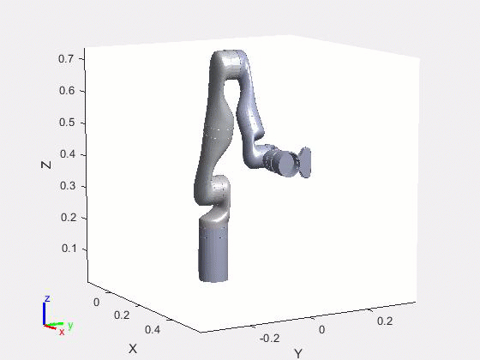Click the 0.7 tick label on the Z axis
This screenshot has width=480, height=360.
click(x=66, y=58)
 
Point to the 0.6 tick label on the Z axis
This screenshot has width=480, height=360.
click(x=67, y=91)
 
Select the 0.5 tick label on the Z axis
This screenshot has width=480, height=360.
click(x=67, y=122)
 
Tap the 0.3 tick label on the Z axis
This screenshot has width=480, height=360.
click(x=69, y=185)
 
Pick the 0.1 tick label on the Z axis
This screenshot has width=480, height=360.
click(x=69, y=249)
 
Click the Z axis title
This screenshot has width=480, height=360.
click(x=46, y=165)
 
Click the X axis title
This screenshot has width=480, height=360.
click(x=133, y=349)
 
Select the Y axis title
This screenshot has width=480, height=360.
click(x=298, y=353)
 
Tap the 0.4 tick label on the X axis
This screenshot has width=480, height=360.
click(x=153, y=330)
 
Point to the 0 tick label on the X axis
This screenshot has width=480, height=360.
click(x=96, y=303)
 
